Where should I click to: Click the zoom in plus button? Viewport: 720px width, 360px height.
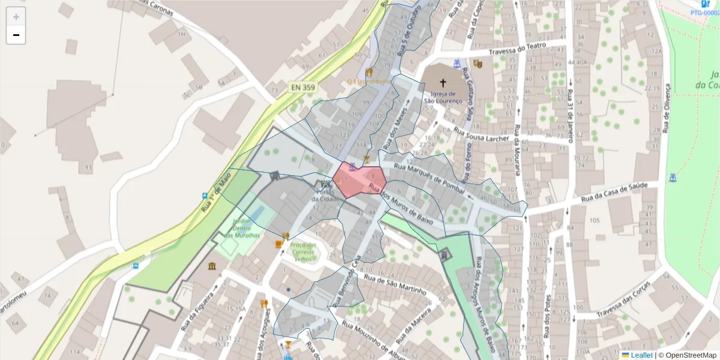[x=16, y=17]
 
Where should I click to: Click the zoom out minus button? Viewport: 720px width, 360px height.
[x=16, y=35]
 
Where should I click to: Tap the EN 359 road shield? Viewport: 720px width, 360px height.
[x=303, y=88]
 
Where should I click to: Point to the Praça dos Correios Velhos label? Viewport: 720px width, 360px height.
[x=302, y=252]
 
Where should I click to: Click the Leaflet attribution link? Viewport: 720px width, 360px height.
[x=641, y=355]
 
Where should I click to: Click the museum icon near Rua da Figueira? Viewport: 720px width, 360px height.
[x=213, y=266]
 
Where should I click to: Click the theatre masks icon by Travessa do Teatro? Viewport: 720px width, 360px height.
[x=478, y=64]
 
